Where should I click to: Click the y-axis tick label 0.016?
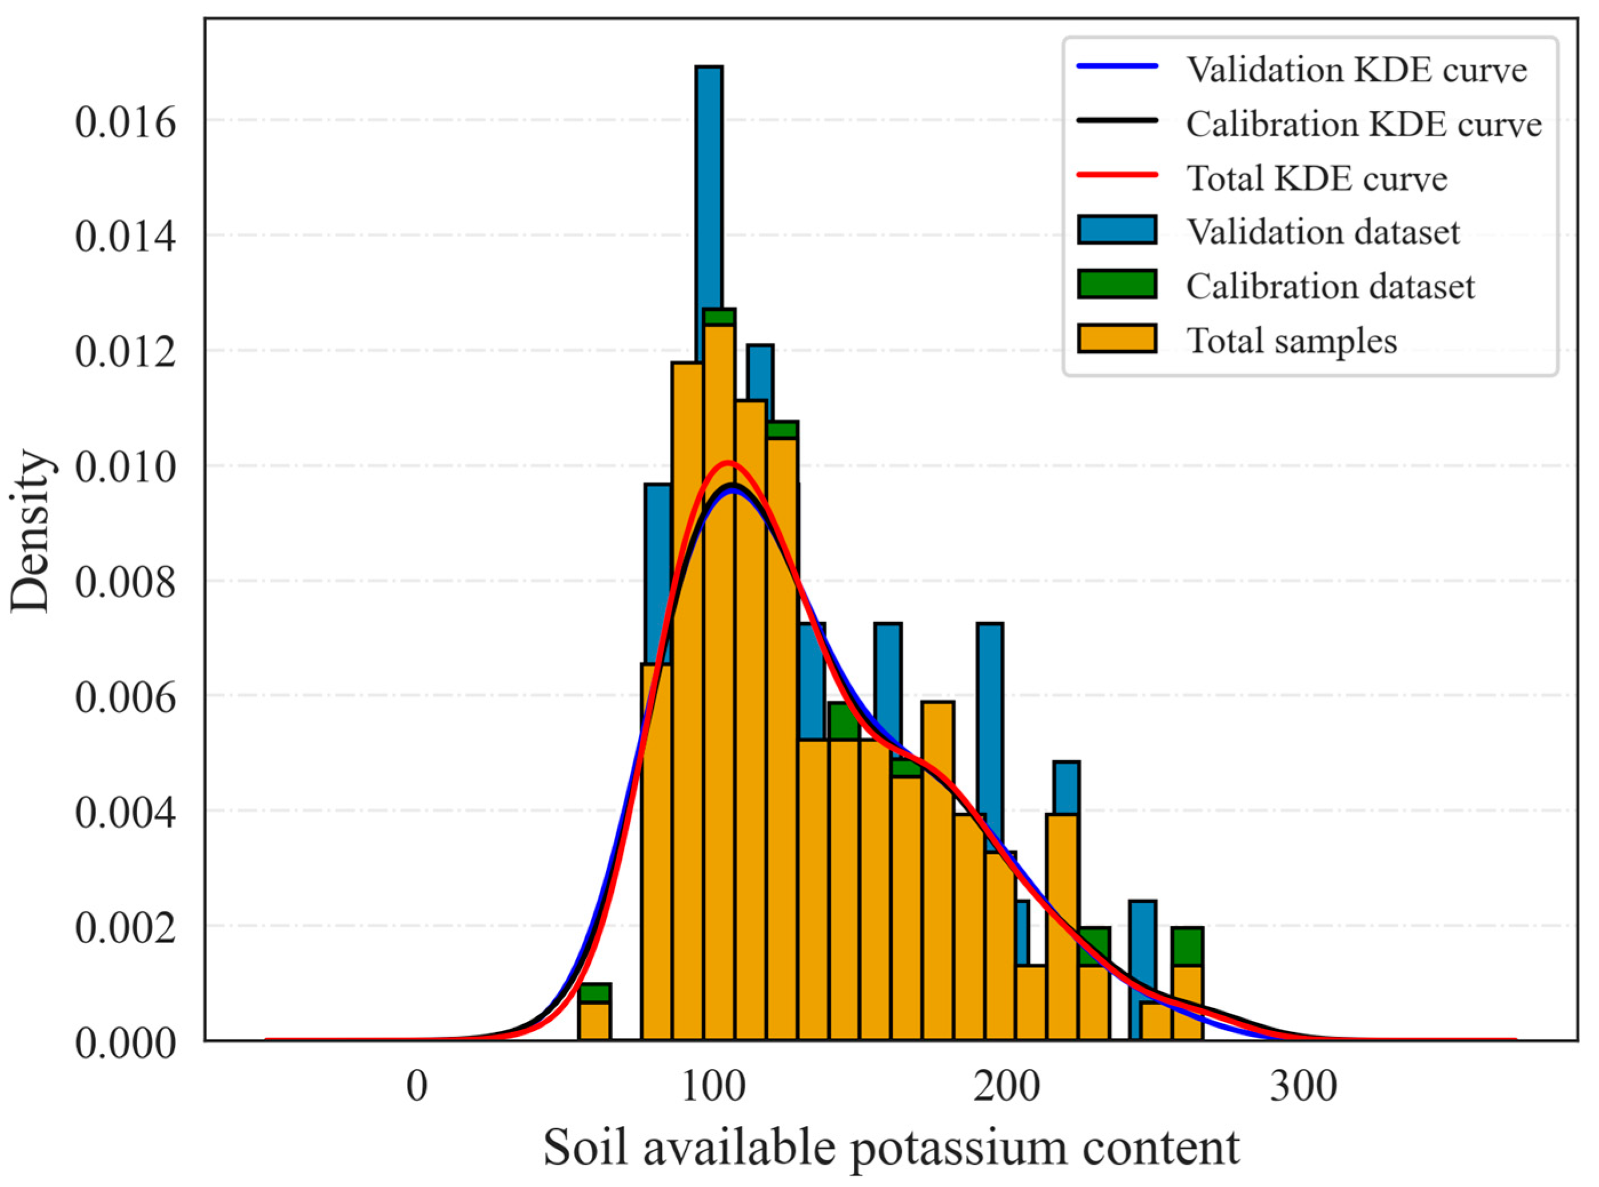(125, 123)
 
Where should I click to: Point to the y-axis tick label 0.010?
(125, 468)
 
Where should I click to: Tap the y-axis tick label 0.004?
(125, 813)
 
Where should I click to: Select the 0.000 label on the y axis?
(125, 1043)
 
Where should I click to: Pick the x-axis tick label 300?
(1303, 1087)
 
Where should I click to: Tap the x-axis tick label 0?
(417, 1087)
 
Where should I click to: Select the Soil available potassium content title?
(891, 1148)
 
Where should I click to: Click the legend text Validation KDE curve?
(1357, 70)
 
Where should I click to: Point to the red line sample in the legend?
(1117, 175)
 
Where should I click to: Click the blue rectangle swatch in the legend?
(1117, 230)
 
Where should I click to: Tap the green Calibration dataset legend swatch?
(1117, 284)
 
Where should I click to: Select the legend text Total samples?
(1292, 340)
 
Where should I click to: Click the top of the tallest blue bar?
(709, 67)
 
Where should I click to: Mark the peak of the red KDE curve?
(727, 462)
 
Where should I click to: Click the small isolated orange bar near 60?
(594, 1020)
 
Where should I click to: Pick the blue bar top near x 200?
(990, 625)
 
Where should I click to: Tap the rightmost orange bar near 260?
(1187, 1002)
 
